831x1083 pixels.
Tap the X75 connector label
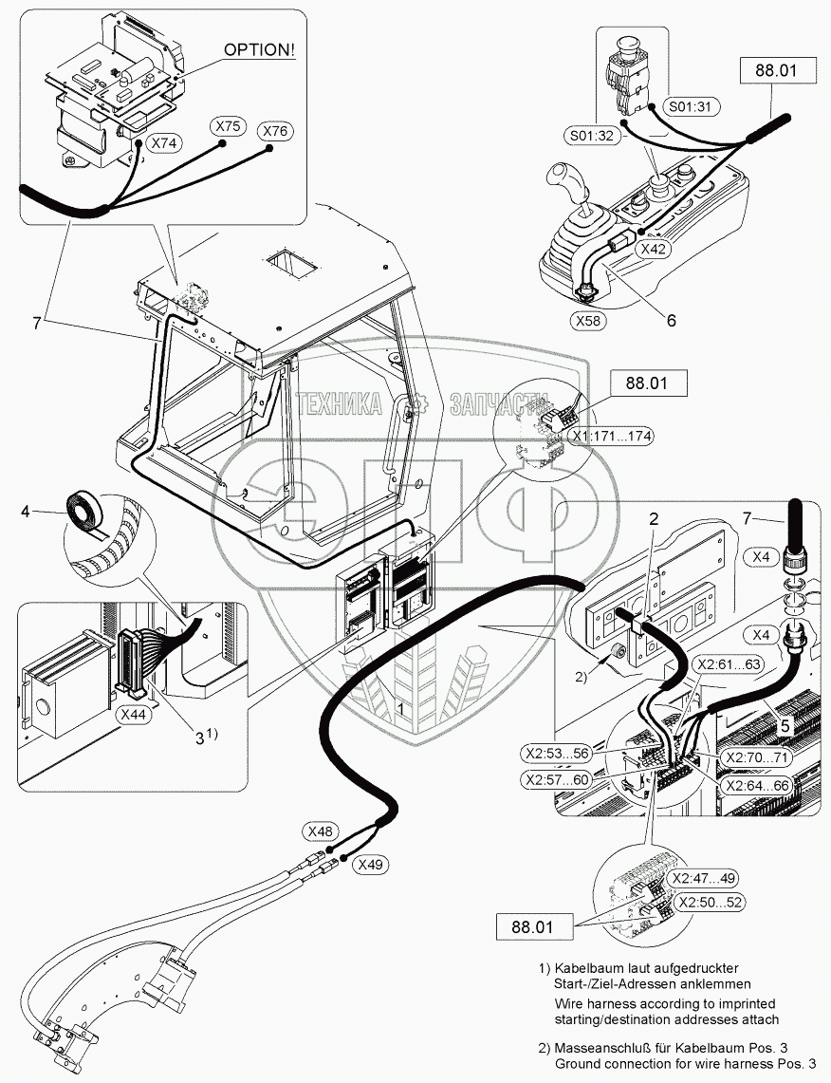pos(228,126)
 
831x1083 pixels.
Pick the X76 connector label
pos(276,131)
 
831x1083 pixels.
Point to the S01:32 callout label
pos(594,135)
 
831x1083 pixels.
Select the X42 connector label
pos(654,248)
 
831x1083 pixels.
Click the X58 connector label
pos(589,320)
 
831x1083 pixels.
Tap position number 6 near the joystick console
pos(671,320)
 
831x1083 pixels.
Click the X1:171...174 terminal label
pos(611,436)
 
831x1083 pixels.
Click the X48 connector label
pos(322,831)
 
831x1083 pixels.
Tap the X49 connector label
pos(371,865)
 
